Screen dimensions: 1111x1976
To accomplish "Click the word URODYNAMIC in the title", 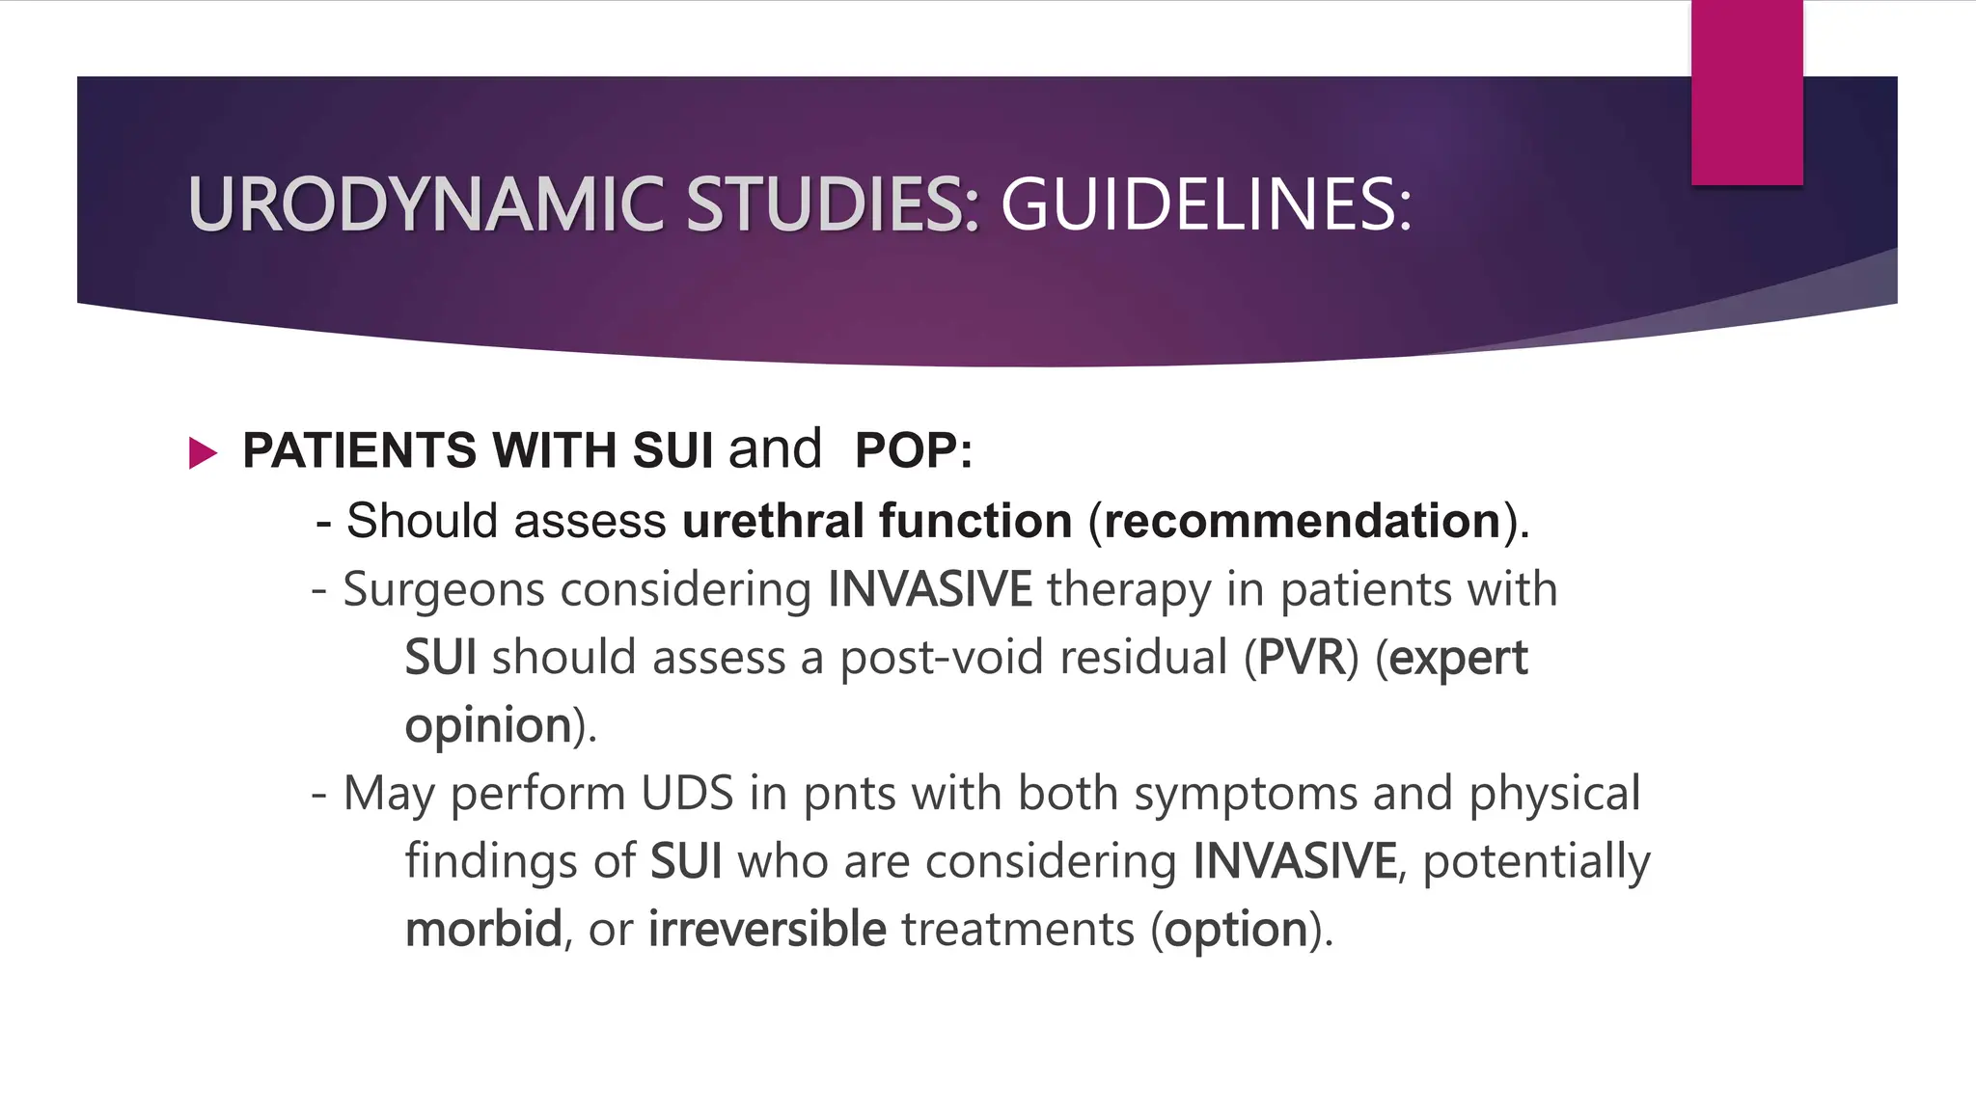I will (x=425, y=205).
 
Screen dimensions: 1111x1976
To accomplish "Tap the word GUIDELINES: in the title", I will (x=1206, y=205).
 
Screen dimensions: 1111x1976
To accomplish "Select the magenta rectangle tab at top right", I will (x=1746, y=93).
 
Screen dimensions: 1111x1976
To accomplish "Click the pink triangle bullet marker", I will (x=203, y=452).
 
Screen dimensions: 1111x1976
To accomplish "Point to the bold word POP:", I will (x=913, y=450).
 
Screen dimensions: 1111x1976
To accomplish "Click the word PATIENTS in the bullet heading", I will (x=359, y=450).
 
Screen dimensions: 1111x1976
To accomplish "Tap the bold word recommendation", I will (x=1302, y=521).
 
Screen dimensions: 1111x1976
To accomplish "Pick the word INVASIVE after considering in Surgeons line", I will (x=929, y=589).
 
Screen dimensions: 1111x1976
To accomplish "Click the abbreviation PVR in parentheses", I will (x=1302, y=658).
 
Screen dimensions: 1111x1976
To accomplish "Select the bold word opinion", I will (x=488, y=726).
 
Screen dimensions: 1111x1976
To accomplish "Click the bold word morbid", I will (x=482, y=930).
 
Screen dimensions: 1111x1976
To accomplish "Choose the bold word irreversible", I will (x=766, y=930).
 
